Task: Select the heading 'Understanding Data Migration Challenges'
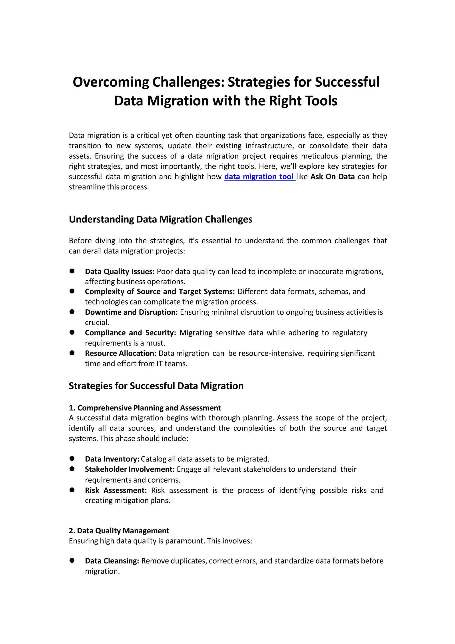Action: point(160,219)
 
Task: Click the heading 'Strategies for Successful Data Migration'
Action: point(156,386)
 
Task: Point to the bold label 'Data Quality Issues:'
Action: point(120,272)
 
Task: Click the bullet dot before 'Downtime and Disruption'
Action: point(72,312)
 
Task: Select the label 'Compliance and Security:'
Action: point(130,333)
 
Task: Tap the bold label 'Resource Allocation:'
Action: point(121,353)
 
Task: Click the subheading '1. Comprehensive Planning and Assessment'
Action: point(145,408)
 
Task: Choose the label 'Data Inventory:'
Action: point(112,459)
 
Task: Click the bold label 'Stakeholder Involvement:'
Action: point(130,469)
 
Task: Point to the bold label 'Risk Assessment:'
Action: point(116,490)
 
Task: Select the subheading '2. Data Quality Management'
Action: point(119,531)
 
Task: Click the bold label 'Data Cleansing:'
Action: point(112,561)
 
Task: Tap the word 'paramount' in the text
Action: point(185,541)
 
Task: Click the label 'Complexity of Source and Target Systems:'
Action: point(160,292)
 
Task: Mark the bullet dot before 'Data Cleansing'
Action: point(72,560)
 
